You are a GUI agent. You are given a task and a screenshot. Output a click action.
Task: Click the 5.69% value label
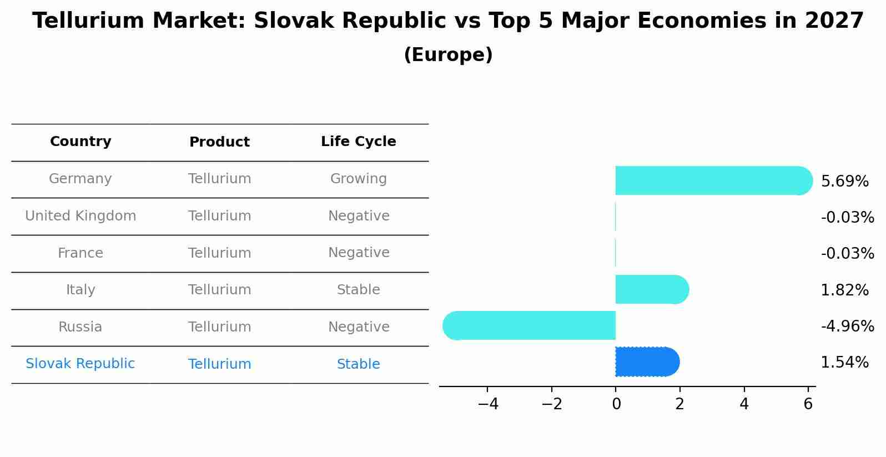(844, 182)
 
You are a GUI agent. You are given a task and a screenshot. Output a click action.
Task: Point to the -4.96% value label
(847, 326)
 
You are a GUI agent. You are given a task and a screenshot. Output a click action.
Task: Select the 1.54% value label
(844, 363)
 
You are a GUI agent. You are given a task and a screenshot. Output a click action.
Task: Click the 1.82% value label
(844, 290)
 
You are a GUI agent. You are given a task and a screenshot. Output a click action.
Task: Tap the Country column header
(80, 142)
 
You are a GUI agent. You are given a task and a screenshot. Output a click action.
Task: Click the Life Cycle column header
(358, 142)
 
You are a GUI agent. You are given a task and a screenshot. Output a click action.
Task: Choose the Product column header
(219, 142)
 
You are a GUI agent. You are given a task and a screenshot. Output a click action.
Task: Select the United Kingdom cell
(80, 216)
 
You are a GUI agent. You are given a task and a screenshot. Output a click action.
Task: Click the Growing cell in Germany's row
(358, 179)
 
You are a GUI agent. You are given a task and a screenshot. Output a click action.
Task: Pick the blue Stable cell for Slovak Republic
(358, 364)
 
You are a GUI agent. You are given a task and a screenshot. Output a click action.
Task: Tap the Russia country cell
(80, 327)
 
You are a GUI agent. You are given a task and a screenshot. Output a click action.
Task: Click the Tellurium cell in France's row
(219, 253)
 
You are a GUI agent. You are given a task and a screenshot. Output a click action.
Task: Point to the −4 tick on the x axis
(488, 404)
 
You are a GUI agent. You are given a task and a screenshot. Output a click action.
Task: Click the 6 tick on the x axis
(808, 404)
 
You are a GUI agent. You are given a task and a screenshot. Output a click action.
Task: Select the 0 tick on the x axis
(616, 404)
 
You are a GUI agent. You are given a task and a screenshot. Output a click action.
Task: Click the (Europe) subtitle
(448, 55)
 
